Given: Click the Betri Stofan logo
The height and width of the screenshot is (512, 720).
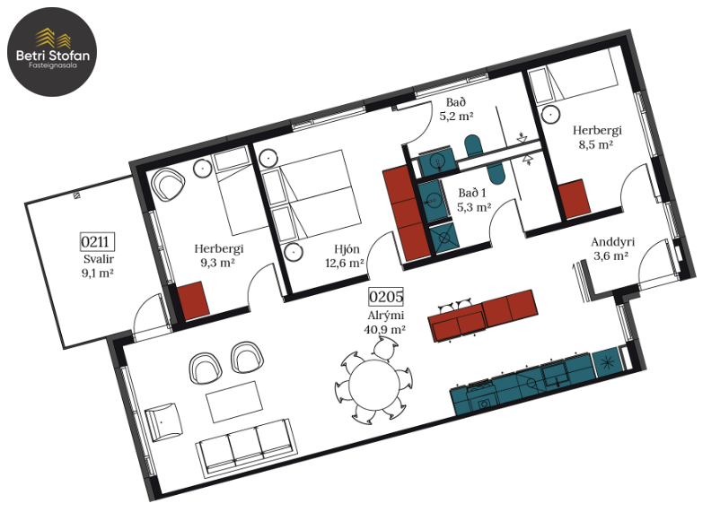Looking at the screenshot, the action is click(x=52, y=52).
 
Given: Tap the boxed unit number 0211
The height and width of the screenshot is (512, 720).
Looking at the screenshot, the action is click(x=97, y=241).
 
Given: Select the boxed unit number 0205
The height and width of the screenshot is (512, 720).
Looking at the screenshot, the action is click(x=386, y=297).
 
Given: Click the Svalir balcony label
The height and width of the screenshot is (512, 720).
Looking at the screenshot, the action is click(x=98, y=259).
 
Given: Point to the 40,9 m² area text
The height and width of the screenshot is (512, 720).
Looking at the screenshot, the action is click(x=384, y=329).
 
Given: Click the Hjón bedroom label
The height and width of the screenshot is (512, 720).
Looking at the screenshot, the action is click(x=347, y=249).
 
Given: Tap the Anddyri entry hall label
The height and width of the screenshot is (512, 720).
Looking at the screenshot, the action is click(x=612, y=242).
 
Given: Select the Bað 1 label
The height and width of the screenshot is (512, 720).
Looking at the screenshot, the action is click(x=472, y=193).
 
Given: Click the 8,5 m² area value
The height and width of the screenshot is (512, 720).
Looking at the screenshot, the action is click(x=595, y=145).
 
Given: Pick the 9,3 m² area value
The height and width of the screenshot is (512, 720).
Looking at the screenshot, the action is click(x=217, y=263).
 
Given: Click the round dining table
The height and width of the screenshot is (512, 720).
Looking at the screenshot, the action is click(x=374, y=385).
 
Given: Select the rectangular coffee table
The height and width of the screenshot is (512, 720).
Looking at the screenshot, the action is click(x=234, y=402).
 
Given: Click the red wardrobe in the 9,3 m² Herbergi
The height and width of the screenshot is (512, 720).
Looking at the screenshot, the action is click(x=193, y=299).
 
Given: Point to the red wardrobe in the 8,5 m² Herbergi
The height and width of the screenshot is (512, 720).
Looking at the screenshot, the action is click(x=575, y=199).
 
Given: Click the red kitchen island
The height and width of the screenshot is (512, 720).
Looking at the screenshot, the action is click(x=483, y=315).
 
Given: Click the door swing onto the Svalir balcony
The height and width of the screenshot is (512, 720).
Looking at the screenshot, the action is click(x=148, y=317).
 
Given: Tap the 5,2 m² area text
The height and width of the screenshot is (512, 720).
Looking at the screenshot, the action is click(x=456, y=116).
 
